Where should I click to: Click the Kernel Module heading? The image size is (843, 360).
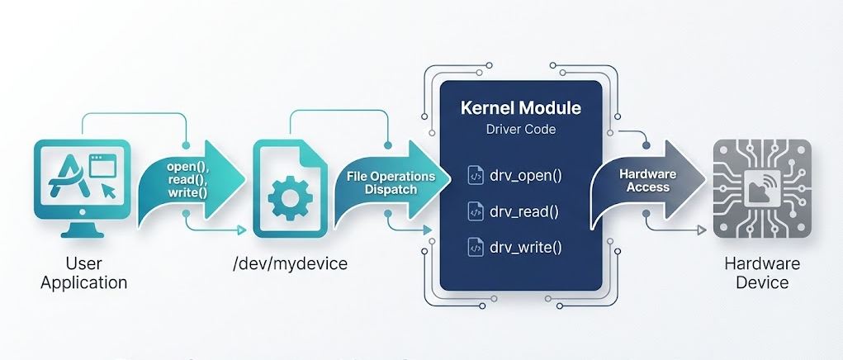pyautogui.click(x=520, y=108)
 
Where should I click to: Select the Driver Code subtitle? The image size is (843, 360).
pyautogui.click(x=520, y=130)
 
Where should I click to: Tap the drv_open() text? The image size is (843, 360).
pyautogui.click(x=525, y=176)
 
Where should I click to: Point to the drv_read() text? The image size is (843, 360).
pyautogui.click(x=524, y=211)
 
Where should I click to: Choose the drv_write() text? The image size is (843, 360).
pyautogui.click(x=526, y=247)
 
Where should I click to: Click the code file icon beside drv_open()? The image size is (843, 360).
pyautogui.click(x=476, y=176)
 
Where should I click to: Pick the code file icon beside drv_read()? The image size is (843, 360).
pyautogui.click(x=476, y=211)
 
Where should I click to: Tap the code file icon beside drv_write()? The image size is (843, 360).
pyautogui.click(x=476, y=247)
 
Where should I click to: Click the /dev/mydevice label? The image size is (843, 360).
pyautogui.click(x=291, y=263)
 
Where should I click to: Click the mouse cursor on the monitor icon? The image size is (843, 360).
pyautogui.click(x=107, y=192)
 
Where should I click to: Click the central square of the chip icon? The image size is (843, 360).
pyautogui.click(x=762, y=189)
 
